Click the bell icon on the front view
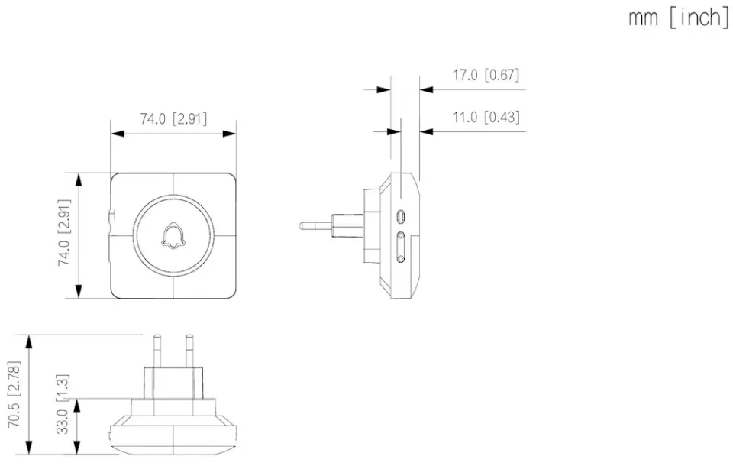pos(173,235)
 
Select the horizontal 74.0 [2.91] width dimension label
pos(173,118)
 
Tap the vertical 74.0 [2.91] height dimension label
pos(64,232)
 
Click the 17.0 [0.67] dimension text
pos(486,75)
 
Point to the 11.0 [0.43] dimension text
pos(486,117)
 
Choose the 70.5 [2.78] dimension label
pos(14,394)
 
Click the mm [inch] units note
pos(678,18)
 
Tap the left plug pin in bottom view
pos(157,351)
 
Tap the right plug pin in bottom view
pos(189,351)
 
